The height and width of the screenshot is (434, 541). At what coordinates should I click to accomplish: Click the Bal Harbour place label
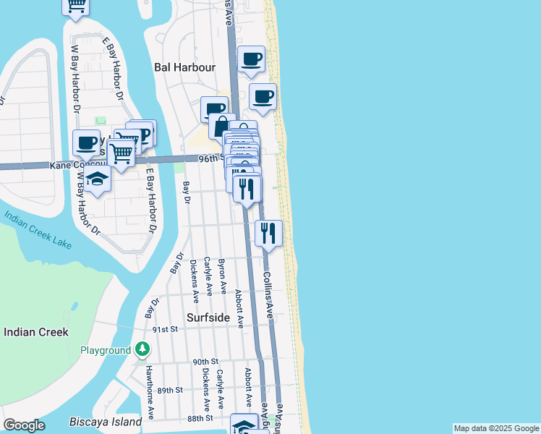pos(185,67)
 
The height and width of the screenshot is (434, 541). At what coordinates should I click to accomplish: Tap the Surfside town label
pos(208,318)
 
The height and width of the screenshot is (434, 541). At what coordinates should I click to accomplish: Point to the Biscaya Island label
pos(106,422)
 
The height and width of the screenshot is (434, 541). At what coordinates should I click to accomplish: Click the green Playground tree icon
pos(142,350)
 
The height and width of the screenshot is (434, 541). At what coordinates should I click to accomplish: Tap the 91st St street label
pos(165,330)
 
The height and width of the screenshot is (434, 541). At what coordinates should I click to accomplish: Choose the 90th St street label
pos(205,362)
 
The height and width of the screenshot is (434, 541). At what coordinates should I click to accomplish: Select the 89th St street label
pos(170,390)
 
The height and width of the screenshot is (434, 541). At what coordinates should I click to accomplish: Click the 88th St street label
pos(200,418)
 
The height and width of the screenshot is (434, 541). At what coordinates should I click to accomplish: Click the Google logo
pos(24,425)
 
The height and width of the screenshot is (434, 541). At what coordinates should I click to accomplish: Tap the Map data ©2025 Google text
pos(496,428)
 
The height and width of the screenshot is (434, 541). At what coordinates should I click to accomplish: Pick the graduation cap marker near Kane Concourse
pos(97,179)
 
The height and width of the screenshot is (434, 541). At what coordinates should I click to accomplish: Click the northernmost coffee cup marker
pos(251,59)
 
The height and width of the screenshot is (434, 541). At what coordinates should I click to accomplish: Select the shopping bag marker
pos(222,126)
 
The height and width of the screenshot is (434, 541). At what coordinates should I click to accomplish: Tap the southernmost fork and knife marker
pos(268,232)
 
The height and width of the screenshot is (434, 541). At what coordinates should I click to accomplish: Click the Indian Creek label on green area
pos(36,332)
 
